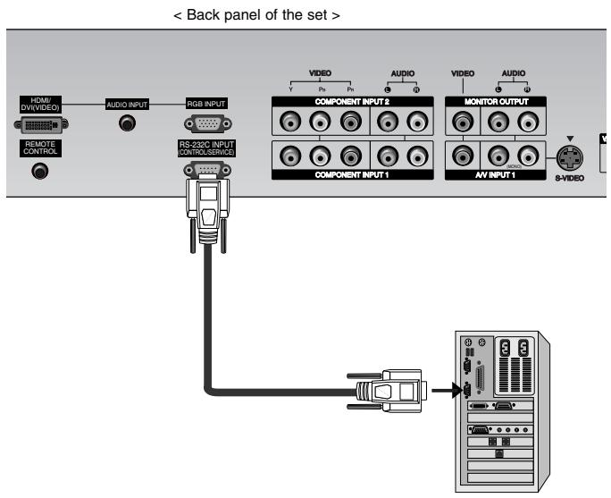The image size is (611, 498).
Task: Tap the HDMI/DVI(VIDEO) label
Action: [x=38, y=105]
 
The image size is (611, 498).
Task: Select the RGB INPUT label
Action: [x=205, y=105]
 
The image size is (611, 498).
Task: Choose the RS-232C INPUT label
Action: [x=205, y=148]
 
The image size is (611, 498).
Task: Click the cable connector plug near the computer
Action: [x=383, y=390]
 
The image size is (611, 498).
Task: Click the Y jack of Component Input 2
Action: [x=289, y=121]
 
